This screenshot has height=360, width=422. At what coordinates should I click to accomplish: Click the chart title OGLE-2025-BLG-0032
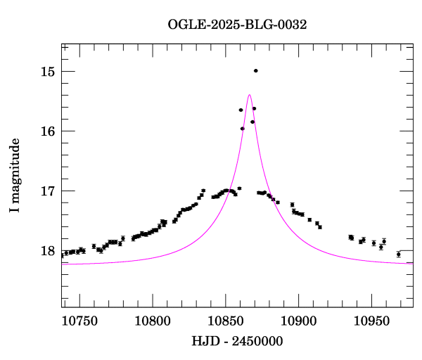[237, 24]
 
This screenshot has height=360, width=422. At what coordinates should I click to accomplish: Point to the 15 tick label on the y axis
[48, 72]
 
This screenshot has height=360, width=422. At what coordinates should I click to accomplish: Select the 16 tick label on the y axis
[48, 131]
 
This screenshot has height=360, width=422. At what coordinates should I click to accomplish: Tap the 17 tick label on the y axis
[48, 191]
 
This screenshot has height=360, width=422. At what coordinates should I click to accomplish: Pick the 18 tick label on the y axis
[48, 251]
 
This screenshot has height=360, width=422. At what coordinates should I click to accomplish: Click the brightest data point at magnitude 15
[255, 70]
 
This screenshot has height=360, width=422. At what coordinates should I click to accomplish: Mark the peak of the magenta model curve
[249, 95]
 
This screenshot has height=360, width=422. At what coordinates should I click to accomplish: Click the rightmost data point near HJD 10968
[398, 254]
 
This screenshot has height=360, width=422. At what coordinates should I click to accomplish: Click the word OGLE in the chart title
[184, 24]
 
